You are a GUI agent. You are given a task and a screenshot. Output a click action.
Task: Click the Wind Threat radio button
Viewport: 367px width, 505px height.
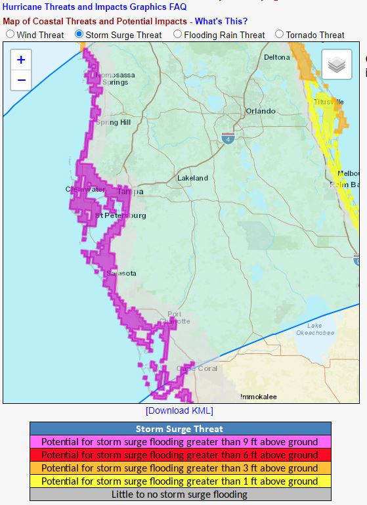coord(10,34)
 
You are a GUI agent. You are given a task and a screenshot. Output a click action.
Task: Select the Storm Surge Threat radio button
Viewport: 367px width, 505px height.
coord(79,34)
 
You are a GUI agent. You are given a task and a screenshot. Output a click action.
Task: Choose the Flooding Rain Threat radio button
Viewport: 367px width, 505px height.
coord(177,34)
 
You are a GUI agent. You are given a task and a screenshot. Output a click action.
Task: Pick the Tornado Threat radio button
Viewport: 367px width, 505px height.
coord(280,34)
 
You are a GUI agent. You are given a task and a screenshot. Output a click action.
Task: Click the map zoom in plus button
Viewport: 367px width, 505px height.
coord(21,60)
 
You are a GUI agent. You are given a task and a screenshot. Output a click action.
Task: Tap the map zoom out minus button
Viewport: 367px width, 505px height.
coord(21,80)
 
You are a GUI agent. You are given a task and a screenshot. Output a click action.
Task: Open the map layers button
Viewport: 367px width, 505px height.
coord(336,64)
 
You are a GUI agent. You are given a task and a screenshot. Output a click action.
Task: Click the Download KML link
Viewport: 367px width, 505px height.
coord(179,410)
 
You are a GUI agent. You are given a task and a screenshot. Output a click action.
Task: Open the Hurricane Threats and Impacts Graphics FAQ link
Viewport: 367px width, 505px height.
coord(94,7)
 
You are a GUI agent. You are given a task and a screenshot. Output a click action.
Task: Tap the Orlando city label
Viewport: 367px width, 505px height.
coord(261,111)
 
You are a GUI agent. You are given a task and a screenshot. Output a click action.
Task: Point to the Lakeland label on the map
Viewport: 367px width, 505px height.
coord(192,178)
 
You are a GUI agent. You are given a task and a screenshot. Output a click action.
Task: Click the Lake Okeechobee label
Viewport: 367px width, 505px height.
coord(320,329)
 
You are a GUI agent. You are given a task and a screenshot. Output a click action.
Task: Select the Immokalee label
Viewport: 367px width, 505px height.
coord(259,397)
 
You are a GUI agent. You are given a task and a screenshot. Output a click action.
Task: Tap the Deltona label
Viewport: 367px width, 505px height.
coord(276,57)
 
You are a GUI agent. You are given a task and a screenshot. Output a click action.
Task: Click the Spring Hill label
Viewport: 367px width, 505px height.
coord(113,122)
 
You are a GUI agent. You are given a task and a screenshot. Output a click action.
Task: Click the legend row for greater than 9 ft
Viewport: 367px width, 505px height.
coord(180,442)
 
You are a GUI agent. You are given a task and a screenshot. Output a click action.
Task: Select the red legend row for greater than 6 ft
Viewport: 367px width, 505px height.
coord(180,455)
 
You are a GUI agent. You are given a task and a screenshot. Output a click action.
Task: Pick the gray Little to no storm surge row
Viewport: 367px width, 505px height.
coord(180,494)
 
